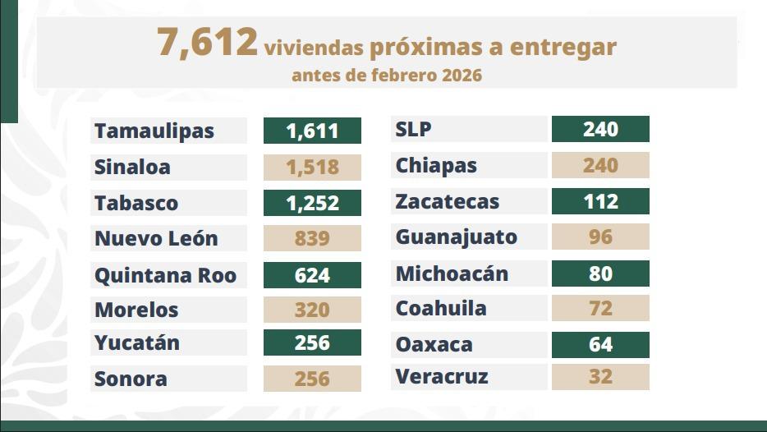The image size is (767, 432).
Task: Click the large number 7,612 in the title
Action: point(207,43)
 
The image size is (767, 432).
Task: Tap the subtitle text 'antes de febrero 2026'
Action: point(386,76)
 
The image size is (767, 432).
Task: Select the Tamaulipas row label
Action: point(154,131)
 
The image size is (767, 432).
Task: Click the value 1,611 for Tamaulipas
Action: point(312,131)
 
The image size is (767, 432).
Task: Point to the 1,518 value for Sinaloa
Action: point(312,167)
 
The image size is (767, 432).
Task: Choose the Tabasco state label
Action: point(136,203)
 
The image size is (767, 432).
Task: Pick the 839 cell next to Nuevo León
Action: point(312,238)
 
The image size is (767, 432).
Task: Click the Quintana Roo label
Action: point(165,274)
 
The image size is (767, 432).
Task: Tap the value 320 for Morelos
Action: point(312,310)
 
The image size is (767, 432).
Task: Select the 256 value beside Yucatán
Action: point(312,342)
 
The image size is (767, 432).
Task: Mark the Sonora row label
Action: point(131,379)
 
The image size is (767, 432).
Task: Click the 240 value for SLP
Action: point(600,129)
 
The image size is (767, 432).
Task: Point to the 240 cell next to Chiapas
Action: point(600,165)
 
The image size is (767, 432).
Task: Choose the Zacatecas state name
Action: point(447,201)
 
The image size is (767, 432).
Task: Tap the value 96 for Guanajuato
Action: point(600,237)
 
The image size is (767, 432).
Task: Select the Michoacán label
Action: point(452,273)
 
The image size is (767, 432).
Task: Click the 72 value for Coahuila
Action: point(600,308)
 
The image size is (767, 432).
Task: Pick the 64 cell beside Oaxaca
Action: point(600,344)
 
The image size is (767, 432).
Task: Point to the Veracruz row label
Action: point(442,377)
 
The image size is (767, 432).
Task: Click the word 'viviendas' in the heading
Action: point(314,48)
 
